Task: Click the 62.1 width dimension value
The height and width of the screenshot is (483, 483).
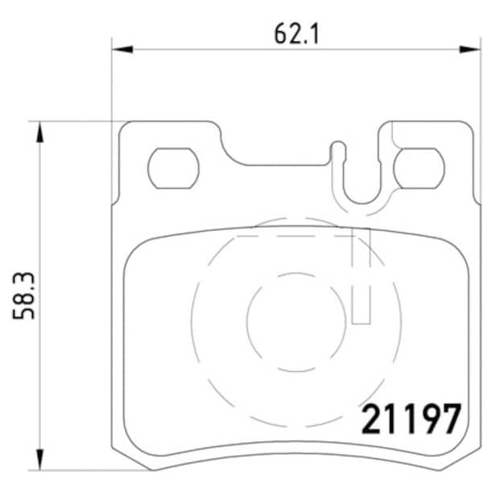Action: pyautogui.click(x=296, y=34)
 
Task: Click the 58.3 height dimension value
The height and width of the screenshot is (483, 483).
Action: pyautogui.click(x=23, y=295)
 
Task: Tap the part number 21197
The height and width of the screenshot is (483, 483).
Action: pyautogui.click(x=411, y=419)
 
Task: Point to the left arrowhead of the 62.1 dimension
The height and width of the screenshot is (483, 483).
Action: pyautogui.click(x=122, y=49)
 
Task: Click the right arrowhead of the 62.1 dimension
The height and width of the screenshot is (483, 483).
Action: pyautogui.click(x=469, y=49)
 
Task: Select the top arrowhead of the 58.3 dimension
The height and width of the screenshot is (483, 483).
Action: pyautogui.click(x=39, y=132)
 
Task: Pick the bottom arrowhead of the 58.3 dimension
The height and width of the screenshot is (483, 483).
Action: pyautogui.click(x=39, y=460)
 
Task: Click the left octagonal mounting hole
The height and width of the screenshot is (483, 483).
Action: pyautogui.click(x=173, y=168)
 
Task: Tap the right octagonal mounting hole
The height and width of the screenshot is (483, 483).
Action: pyautogui.click(x=419, y=168)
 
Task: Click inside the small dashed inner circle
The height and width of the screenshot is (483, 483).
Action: pyautogui.click(x=296, y=322)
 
